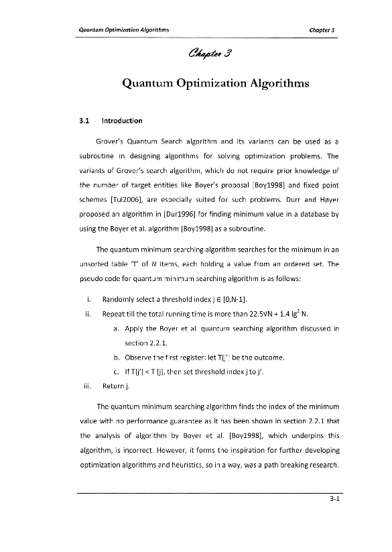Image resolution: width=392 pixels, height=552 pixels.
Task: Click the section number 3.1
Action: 84,121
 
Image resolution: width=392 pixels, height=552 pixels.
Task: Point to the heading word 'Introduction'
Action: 121,121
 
